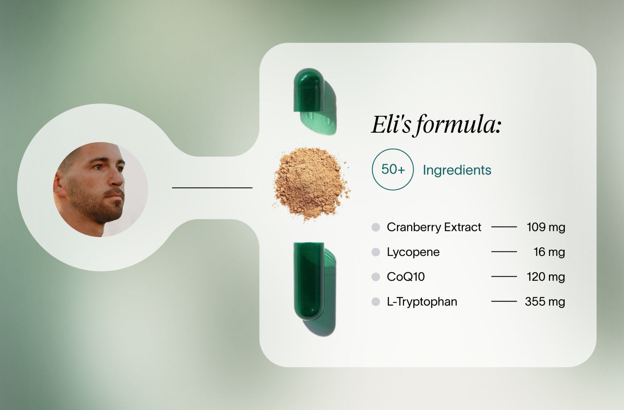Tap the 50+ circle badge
[x=393, y=169]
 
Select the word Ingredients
[x=457, y=170]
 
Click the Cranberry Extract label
[x=434, y=227]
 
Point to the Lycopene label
[x=413, y=252]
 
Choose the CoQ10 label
[x=406, y=277]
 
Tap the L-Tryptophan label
[x=422, y=302]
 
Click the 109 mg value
[x=546, y=227]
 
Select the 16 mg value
[x=549, y=252]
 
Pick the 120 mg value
[x=546, y=277]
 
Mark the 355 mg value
[x=545, y=302]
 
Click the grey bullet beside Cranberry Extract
[x=376, y=227]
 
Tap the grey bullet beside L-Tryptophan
[x=376, y=302]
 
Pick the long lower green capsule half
[x=309, y=281]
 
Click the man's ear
[x=60, y=185]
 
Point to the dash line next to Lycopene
[x=504, y=252]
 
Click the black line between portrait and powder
[x=212, y=188]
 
